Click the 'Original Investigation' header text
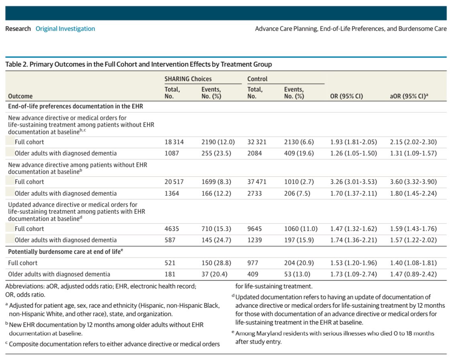(65, 29)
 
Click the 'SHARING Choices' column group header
(188, 79)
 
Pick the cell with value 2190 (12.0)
(218, 142)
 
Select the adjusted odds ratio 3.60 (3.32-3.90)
(413, 182)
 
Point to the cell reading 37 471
(257, 182)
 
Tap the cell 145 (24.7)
(216, 240)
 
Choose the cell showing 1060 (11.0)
(301, 229)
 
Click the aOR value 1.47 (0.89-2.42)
(413, 274)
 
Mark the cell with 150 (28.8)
(216, 263)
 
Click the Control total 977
(253, 263)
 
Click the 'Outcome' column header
(20, 96)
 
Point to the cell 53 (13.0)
(299, 274)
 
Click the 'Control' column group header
(257, 79)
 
